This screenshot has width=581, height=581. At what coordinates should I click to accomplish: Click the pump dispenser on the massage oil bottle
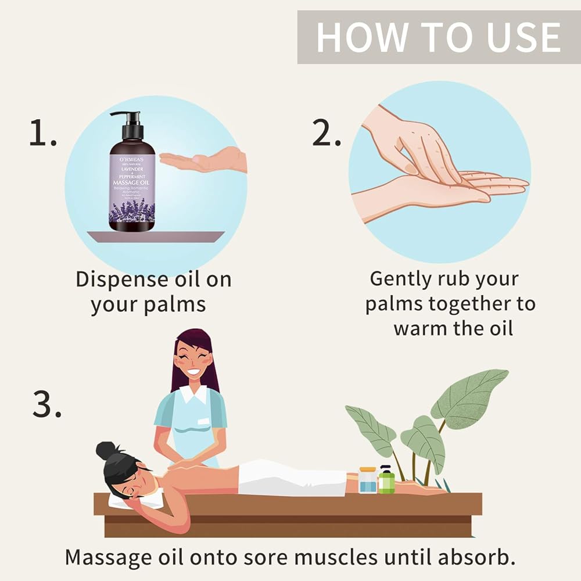[x=131, y=125]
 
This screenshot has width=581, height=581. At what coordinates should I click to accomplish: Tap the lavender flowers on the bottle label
[x=132, y=211]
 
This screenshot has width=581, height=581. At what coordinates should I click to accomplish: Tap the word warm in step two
[x=418, y=328]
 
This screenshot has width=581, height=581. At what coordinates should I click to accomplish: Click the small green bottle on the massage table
[x=386, y=480]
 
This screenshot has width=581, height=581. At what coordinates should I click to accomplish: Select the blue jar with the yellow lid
[x=367, y=480]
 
